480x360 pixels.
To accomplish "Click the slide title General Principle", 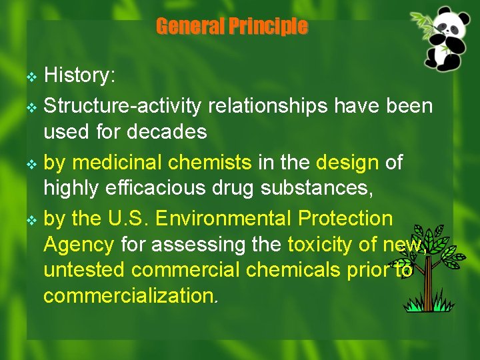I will pos(231,27).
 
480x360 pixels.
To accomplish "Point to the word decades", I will pos(169,132).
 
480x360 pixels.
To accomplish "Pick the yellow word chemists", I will pos(210,162).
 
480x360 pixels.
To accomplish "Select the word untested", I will pos(84,270).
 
